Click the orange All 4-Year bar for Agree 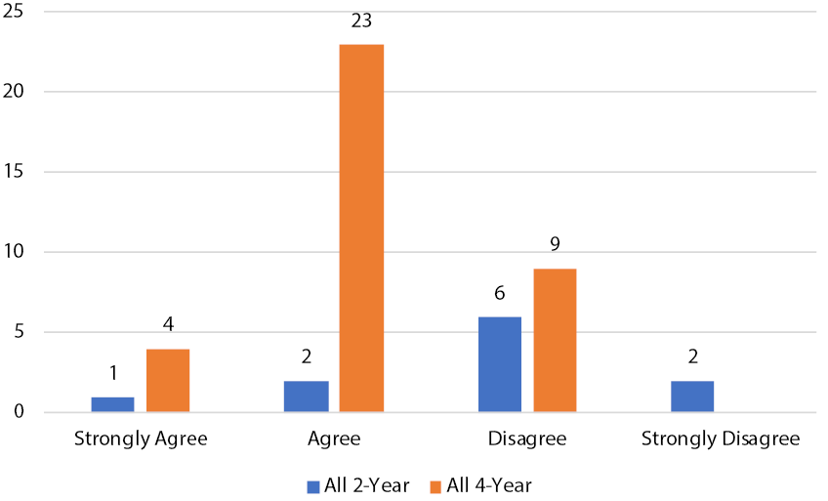(361, 229)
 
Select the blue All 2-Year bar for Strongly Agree (113, 404)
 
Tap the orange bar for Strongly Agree (168, 381)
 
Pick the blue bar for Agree (307, 397)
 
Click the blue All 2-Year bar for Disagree (500, 364)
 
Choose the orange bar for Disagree (555, 340)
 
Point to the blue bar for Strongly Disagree (692, 397)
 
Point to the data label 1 (113, 374)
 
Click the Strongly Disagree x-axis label (721, 439)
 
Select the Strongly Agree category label (141, 439)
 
